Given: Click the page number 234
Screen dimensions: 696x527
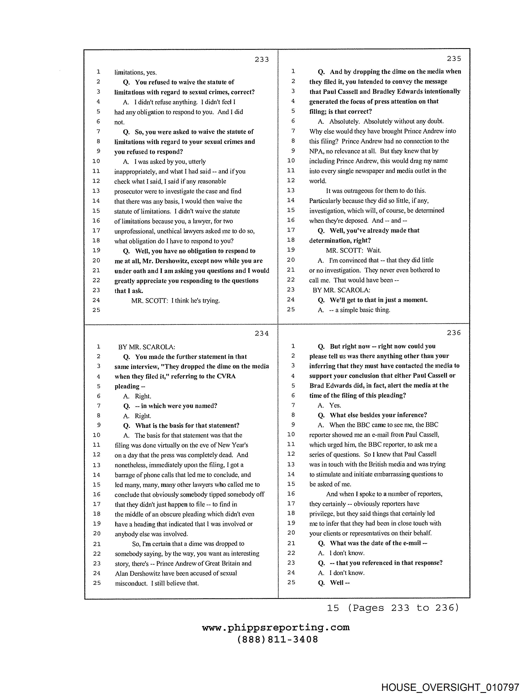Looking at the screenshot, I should click(262, 333).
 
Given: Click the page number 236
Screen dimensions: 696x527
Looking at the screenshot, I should click(454, 333).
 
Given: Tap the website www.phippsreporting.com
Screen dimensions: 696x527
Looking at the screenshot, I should click(276, 628).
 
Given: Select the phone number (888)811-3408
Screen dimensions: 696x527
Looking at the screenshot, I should click(277, 640).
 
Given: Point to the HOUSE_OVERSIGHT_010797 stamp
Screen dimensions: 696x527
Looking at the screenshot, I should click(450, 687).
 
